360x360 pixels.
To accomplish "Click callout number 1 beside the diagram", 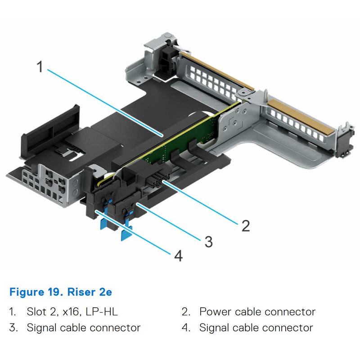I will pyautogui.click(x=40, y=67).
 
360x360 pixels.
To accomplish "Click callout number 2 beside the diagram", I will pyautogui.click(x=245, y=225).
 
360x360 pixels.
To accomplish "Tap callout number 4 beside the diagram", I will pyautogui.click(x=178, y=256).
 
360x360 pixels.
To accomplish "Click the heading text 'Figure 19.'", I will pyautogui.click(x=36, y=292).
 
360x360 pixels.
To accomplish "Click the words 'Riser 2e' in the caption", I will pyautogui.click(x=90, y=292).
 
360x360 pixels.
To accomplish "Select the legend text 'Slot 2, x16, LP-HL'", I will pyautogui.click(x=72, y=311).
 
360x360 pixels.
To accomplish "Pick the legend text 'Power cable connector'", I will pyautogui.click(x=257, y=311).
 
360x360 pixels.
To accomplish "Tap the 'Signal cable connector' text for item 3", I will pyautogui.click(x=83, y=328).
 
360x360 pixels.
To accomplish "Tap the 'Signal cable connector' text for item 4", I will pyautogui.click(x=256, y=328).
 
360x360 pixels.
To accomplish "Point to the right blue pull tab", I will pyautogui.click(x=127, y=233).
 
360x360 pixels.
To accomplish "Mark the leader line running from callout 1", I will pyautogui.click(x=103, y=101).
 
